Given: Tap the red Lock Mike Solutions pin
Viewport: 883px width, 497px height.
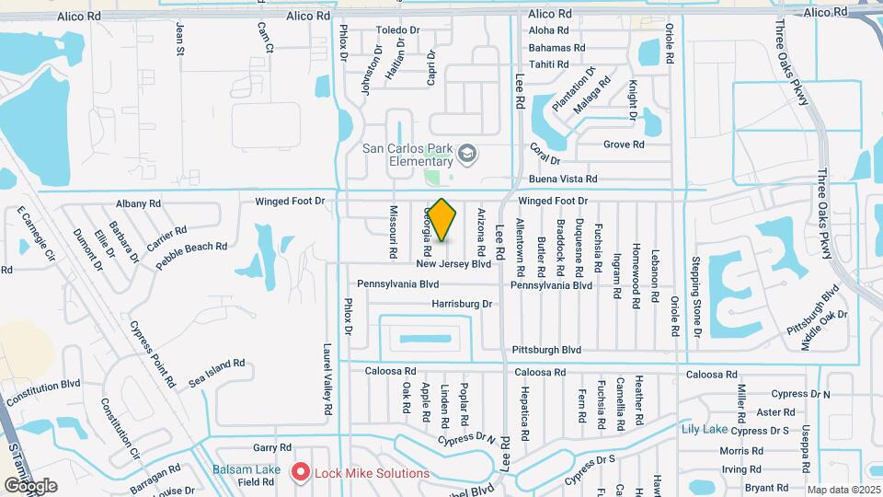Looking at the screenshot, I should tap(300, 473).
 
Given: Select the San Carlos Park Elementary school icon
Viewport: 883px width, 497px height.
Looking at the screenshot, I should tap(467, 153).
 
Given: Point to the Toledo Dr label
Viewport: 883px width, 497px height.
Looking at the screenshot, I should tap(397, 30).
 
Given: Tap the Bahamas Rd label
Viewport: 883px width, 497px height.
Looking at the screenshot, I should tap(557, 48).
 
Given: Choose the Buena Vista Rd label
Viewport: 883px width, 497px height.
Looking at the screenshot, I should tap(563, 179).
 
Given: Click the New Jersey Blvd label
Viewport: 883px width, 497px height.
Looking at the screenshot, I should tap(453, 264).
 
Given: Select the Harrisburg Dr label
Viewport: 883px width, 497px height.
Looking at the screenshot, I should tap(463, 303).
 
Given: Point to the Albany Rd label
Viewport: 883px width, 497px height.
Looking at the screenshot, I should tap(139, 203).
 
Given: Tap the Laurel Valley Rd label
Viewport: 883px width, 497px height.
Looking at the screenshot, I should tap(327, 381).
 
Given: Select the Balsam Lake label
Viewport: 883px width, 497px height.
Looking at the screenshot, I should tap(247, 470).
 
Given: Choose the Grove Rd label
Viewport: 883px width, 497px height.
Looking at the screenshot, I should tap(624, 144).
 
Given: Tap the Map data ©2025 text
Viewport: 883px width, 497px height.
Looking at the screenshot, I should tap(843, 491).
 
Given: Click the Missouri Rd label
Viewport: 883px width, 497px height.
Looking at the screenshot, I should tap(393, 231).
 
